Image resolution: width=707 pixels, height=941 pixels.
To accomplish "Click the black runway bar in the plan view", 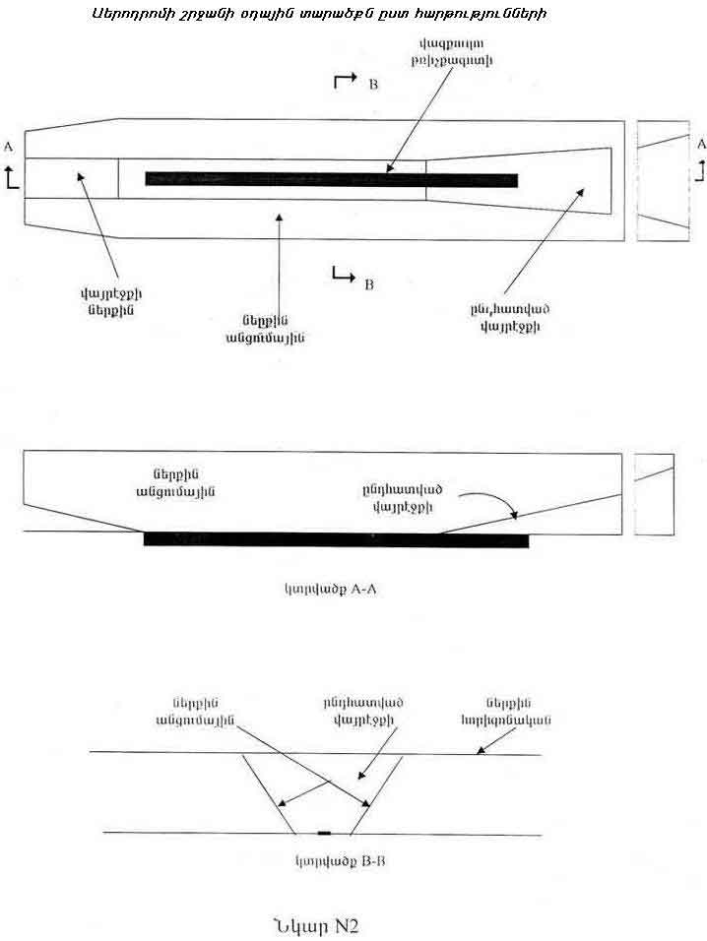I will pos(331,178).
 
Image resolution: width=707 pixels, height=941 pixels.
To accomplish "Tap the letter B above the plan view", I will pos(372,86).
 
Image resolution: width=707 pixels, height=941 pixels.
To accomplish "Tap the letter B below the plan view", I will pos(368,284).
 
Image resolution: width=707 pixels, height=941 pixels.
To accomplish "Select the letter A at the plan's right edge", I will pos(700,144).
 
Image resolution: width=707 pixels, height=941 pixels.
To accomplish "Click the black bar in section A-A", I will pos(336,539).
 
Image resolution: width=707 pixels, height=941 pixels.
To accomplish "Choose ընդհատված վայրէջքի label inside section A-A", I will pos(404,497).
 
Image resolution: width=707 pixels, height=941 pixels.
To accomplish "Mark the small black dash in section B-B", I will pos(324,834).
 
